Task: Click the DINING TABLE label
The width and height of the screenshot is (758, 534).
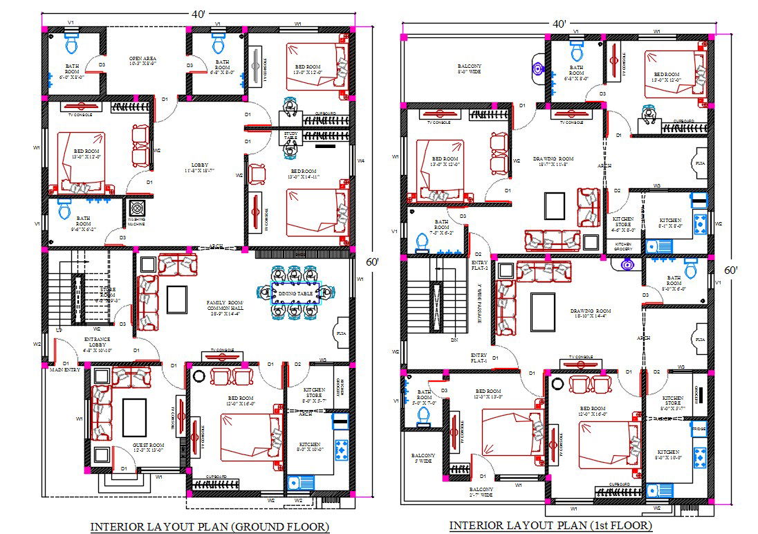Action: click(x=296, y=294)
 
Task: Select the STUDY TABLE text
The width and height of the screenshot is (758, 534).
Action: click(x=290, y=136)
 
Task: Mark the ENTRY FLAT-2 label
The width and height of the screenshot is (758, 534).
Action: click(x=479, y=265)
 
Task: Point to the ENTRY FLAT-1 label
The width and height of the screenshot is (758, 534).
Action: click(x=479, y=357)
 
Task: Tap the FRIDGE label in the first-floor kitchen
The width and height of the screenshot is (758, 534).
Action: click(x=698, y=428)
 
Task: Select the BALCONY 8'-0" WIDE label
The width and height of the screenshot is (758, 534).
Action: click(x=470, y=68)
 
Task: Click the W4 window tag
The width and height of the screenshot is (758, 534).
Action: click(x=361, y=160)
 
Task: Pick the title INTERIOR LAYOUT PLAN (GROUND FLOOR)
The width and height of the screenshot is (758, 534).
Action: click(x=210, y=527)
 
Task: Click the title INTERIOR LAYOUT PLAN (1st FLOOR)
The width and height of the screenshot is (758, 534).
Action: click(x=550, y=526)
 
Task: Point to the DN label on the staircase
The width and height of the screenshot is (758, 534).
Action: click(x=454, y=340)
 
